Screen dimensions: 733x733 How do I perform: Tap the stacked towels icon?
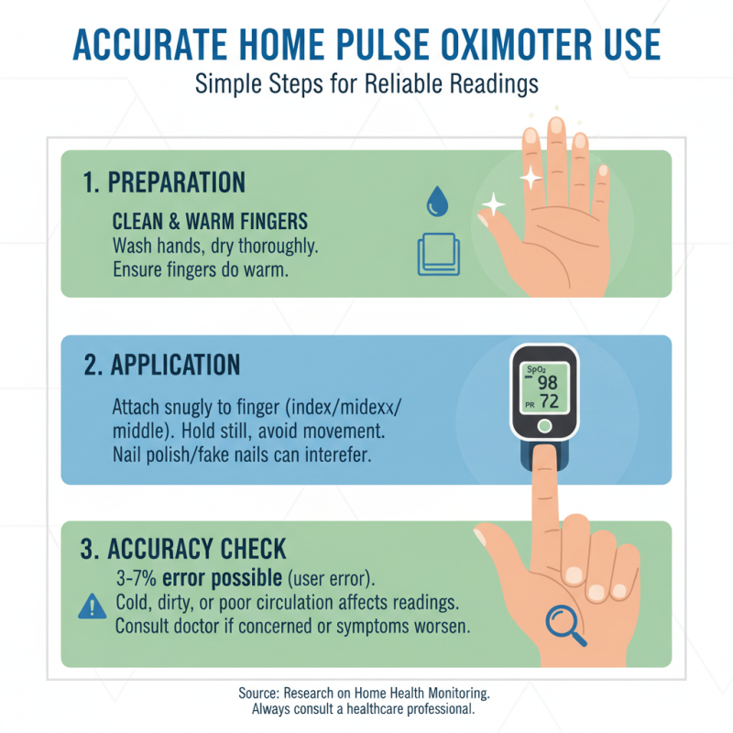pyautogui.click(x=436, y=254)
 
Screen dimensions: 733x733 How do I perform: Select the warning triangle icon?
pyautogui.click(x=93, y=607)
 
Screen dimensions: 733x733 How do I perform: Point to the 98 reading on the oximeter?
pyautogui.click(x=548, y=382)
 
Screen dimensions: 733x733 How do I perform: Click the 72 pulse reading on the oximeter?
pyautogui.click(x=548, y=401)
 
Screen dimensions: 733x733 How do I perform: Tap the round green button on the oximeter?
pyautogui.click(x=544, y=426)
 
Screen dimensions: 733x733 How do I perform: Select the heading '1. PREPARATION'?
pyautogui.click(x=164, y=181)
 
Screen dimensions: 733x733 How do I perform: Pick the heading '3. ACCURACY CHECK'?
pyautogui.click(x=184, y=550)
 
